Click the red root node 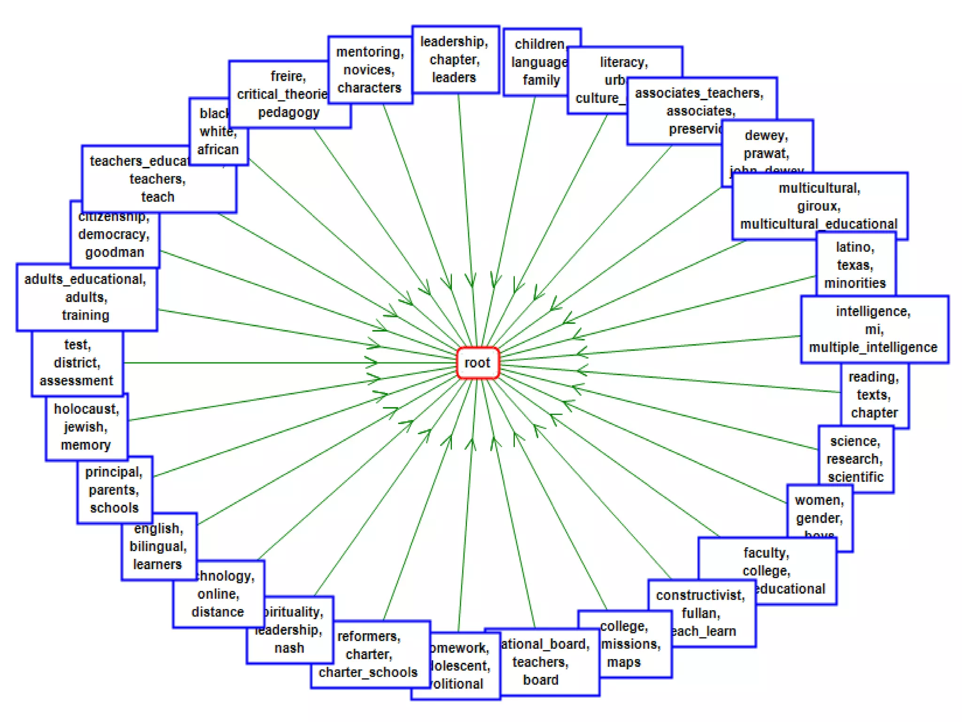tap(477, 362)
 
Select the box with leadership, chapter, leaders tap(455, 60)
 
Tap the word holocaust tap(86, 409)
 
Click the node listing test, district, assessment tap(77, 363)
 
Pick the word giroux tap(819, 206)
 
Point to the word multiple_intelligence tap(873, 347)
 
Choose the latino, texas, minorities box tap(855, 265)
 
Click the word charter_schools tap(368, 672)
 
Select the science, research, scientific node tap(855, 459)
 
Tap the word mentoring tap(370, 52)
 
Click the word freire tap(288, 76)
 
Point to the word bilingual tap(158, 546)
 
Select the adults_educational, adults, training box tap(86, 297)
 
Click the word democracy tap(114, 234)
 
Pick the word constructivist tap(700, 596)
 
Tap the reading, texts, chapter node tap(874, 395)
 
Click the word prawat tap(766, 153)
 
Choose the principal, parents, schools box tap(114, 490)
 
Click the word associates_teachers tap(699, 93)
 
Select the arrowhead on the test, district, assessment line tap(372, 362)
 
